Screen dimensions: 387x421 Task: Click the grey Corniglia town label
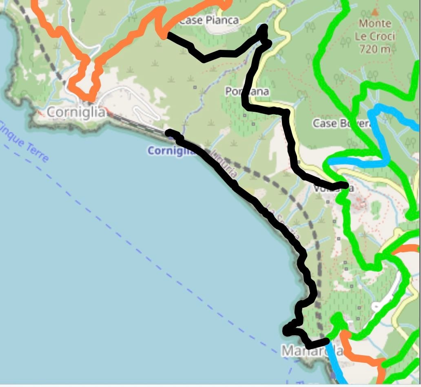click(x=76, y=112)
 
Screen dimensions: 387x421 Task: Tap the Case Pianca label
click(x=208, y=20)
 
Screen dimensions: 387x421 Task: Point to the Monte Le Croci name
click(x=375, y=30)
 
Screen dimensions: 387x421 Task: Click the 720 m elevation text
click(x=375, y=49)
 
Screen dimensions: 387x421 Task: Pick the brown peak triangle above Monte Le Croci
click(x=374, y=12)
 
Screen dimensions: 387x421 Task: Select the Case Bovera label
click(x=341, y=123)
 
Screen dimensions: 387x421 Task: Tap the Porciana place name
click(x=247, y=91)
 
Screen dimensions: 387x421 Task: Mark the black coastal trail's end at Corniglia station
click(x=169, y=133)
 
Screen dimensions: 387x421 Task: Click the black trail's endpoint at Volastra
click(x=346, y=186)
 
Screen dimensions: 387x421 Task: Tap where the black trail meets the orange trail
click(x=164, y=35)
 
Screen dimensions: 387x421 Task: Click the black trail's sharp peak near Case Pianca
click(x=264, y=28)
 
